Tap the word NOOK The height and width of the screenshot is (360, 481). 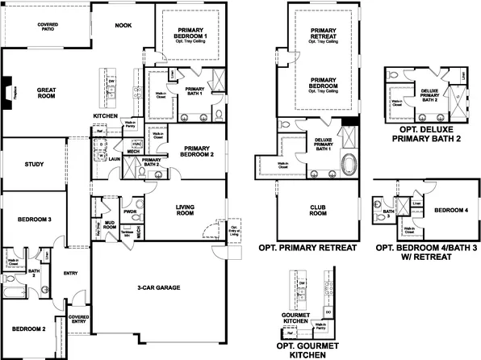click(123, 25)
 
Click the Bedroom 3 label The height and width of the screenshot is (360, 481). click(35, 219)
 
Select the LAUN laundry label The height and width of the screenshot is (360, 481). click(115, 159)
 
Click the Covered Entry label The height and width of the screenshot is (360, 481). click(78, 320)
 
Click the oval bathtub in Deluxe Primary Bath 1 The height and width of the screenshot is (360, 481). click(348, 165)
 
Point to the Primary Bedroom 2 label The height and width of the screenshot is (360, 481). click(197, 152)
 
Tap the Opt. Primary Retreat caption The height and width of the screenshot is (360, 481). click(306, 248)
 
